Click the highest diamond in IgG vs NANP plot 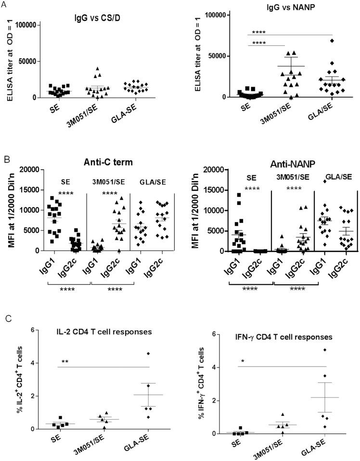[318, 40]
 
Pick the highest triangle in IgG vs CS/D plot [97, 69]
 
